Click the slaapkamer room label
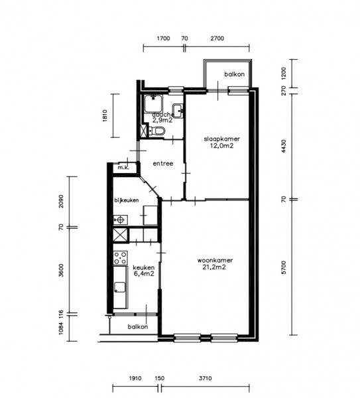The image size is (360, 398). pyautogui.click(x=222, y=139)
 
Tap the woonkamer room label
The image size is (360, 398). pyautogui.click(x=215, y=261)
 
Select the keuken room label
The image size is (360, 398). pyautogui.click(x=144, y=267)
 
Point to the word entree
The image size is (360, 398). pyautogui.click(x=163, y=163)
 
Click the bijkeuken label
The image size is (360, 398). pyautogui.click(x=127, y=200)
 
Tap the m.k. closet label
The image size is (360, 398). pyautogui.click(x=123, y=168)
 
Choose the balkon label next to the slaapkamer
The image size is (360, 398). pyautogui.click(x=235, y=74)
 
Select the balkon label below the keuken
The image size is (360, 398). pyautogui.click(x=138, y=326)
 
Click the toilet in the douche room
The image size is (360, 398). pyautogui.click(x=156, y=131)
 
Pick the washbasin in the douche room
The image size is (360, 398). pyautogui.click(x=178, y=111)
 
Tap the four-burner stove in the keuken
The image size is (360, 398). pyautogui.click(x=120, y=258)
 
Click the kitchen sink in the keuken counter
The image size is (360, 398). pyautogui.click(x=120, y=287)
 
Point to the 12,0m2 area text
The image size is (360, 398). pyautogui.click(x=221, y=146)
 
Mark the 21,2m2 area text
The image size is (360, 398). pyautogui.click(x=214, y=267)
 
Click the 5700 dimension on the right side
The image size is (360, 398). pyautogui.click(x=284, y=267)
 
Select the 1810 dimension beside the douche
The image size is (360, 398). pyautogui.click(x=105, y=115)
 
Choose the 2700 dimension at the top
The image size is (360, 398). pyautogui.click(x=217, y=38)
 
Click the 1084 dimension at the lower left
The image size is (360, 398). pyautogui.click(x=61, y=328)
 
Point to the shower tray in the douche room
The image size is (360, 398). pyautogui.click(x=153, y=103)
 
